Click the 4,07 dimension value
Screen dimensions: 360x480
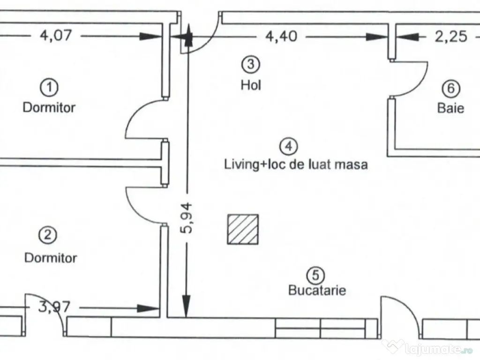(x=55, y=36)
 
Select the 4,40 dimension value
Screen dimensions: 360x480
(x=281, y=37)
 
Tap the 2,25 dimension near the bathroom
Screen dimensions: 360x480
(x=451, y=37)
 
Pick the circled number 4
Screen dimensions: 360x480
(x=288, y=147)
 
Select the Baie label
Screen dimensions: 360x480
(x=451, y=108)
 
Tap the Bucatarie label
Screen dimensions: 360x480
(x=317, y=291)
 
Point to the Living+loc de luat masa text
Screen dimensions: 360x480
(x=295, y=165)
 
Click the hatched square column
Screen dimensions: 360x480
(x=243, y=229)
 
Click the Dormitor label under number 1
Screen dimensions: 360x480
(x=49, y=107)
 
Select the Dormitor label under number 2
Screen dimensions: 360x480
(x=51, y=257)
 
